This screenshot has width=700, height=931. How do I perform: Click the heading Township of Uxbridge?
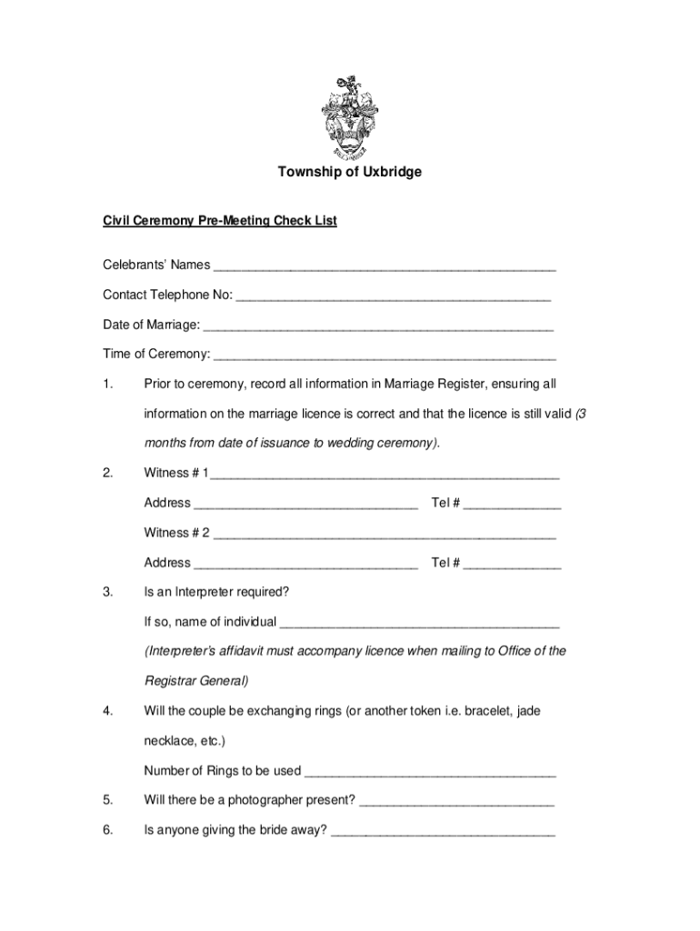pyautogui.click(x=349, y=172)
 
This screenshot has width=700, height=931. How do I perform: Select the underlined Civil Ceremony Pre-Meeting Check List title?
pyautogui.click(x=219, y=220)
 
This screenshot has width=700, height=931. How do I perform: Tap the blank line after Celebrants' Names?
pyautogui.click(x=383, y=266)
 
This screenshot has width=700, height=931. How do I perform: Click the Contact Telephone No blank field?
pyautogui.click(x=393, y=295)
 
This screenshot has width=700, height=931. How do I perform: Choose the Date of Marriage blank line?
pyautogui.click(x=378, y=325)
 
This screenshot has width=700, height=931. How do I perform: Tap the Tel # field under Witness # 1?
pyautogui.click(x=512, y=504)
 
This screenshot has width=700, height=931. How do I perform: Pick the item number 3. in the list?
pyautogui.click(x=108, y=592)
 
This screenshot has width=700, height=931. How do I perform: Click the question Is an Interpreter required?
pyautogui.click(x=216, y=592)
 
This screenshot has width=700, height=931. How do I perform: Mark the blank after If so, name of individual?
pyautogui.click(x=420, y=622)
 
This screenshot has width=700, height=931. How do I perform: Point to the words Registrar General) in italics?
pyautogui.click(x=195, y=681)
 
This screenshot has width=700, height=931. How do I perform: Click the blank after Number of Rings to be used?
pyautogui.click(x=430, y=771)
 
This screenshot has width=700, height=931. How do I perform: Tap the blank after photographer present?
pyautogui.click(x=457, y=801)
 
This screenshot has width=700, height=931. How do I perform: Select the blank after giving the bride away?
pyautogui.click(x=443, y=830)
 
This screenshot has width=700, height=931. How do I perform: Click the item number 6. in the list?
pyautogui.click(x=108, y=830)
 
